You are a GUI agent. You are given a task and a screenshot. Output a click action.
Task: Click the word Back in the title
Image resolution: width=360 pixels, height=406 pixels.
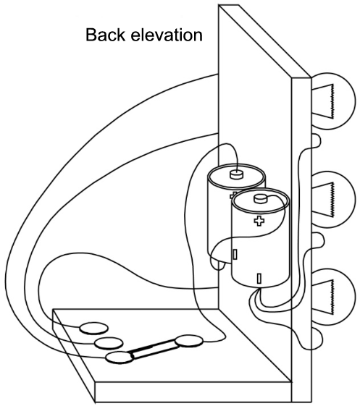pyautogui.click(x=105, y=35)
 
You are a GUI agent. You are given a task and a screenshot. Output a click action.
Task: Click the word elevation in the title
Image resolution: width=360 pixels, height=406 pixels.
pyautogui.click(x=167, y=35)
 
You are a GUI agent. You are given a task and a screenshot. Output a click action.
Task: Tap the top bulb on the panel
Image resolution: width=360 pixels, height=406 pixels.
pyautogui.click(x=333, y=101)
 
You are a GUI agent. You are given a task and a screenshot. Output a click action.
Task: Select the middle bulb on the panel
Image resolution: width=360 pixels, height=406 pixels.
pyautogui.click(x=333, y=200)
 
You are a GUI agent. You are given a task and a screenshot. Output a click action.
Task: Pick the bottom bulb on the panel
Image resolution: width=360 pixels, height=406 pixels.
pyautogui.click(x=333, y=297)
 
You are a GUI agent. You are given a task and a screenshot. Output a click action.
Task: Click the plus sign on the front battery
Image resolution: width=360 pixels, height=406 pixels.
pyautogui.click(x=259, y=221)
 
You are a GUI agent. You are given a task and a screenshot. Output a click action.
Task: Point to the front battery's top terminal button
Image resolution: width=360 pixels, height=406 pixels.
pyautogui.click(x=261, y=198)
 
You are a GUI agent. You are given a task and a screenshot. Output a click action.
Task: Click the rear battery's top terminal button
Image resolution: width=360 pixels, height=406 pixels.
pyautogui.click(x=237, y=174)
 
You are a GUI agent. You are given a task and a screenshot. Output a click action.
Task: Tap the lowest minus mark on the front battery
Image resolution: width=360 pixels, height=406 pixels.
pyautogui.click(x=259, y=279)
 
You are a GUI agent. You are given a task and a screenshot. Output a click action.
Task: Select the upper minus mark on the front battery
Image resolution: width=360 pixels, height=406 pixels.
pyautogui.click(x=235, y=254)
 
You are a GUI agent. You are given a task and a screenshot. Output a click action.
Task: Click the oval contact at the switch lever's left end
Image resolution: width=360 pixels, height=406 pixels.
pyautogui.click(x=120, y=358)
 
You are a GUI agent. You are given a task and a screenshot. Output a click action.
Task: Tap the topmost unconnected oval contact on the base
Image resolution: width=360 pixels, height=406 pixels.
pyautogui.click(x=93, y=329)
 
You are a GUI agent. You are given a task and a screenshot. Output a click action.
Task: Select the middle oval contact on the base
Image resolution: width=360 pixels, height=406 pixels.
pyautogui.click(x=109, y=343)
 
